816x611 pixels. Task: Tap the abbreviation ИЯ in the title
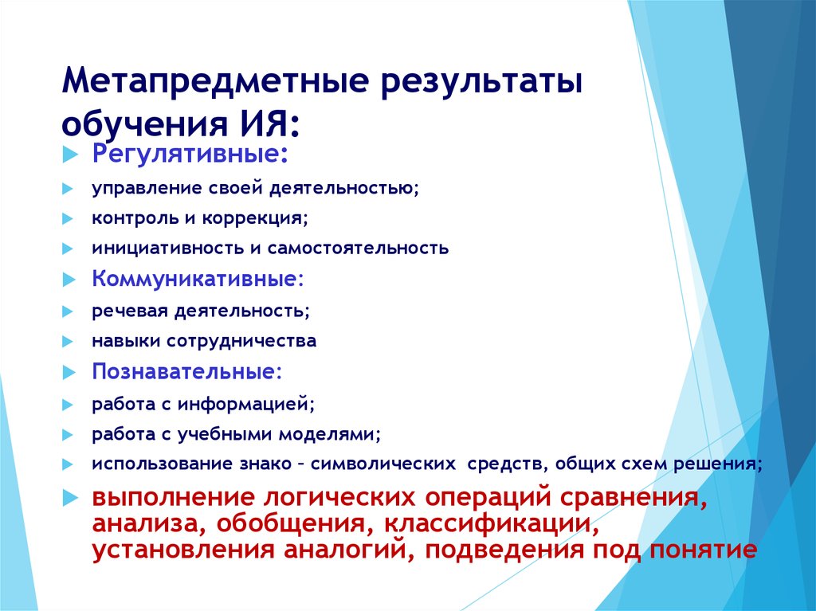[x=267, y=123]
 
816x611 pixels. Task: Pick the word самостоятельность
[x=358, y=248]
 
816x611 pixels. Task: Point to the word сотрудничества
[x=241, y=342]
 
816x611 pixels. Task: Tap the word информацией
[x=246, y=404]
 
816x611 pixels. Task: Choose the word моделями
[x=330, y=434]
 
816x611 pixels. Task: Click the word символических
[x=383, y=464]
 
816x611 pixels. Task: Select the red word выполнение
[x=173, y=497]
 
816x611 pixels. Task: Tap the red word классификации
[x=491, y=523]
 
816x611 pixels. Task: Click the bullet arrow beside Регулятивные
[x=69, y=155]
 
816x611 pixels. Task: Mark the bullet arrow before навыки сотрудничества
[x=68, y=342]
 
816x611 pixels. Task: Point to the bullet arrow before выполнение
[x=70, y=498]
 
